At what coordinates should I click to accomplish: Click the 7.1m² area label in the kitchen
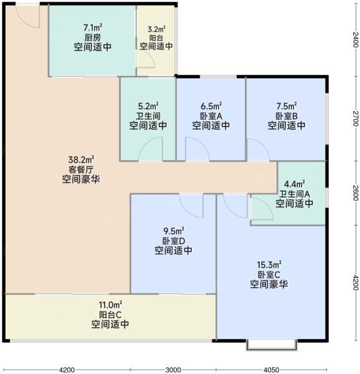pos(93,27)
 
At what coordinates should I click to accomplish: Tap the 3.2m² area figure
pos(156,29)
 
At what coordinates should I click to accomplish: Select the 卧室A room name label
pos(211,116)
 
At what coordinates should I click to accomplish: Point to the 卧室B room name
pos(287,116)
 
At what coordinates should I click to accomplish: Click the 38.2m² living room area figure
pos(81,160)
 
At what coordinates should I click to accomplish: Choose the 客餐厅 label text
pos(81,170)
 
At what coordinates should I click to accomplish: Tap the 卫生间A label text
pos(295,194)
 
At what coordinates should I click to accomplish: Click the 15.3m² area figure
pos(269,265)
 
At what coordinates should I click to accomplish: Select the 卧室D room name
pos(174,241)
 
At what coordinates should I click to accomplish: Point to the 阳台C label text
pos(110,315)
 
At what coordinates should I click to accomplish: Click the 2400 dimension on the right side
pos(355,39)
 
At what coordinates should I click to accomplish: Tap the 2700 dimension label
pos(355,118)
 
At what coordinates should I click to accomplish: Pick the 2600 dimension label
pos(355,193)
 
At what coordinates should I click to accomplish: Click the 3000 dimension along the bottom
pos(173,370)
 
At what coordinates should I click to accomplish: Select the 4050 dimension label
pos(272,370)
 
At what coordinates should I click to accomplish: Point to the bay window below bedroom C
pos(272,345)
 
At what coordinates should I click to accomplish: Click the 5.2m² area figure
pos(148,106)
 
